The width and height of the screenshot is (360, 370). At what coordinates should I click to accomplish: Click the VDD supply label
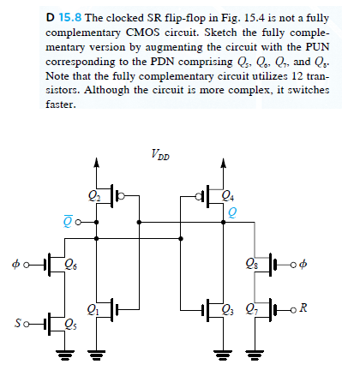(159, 155)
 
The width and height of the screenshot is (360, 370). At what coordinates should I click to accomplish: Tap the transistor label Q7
(250, 309)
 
